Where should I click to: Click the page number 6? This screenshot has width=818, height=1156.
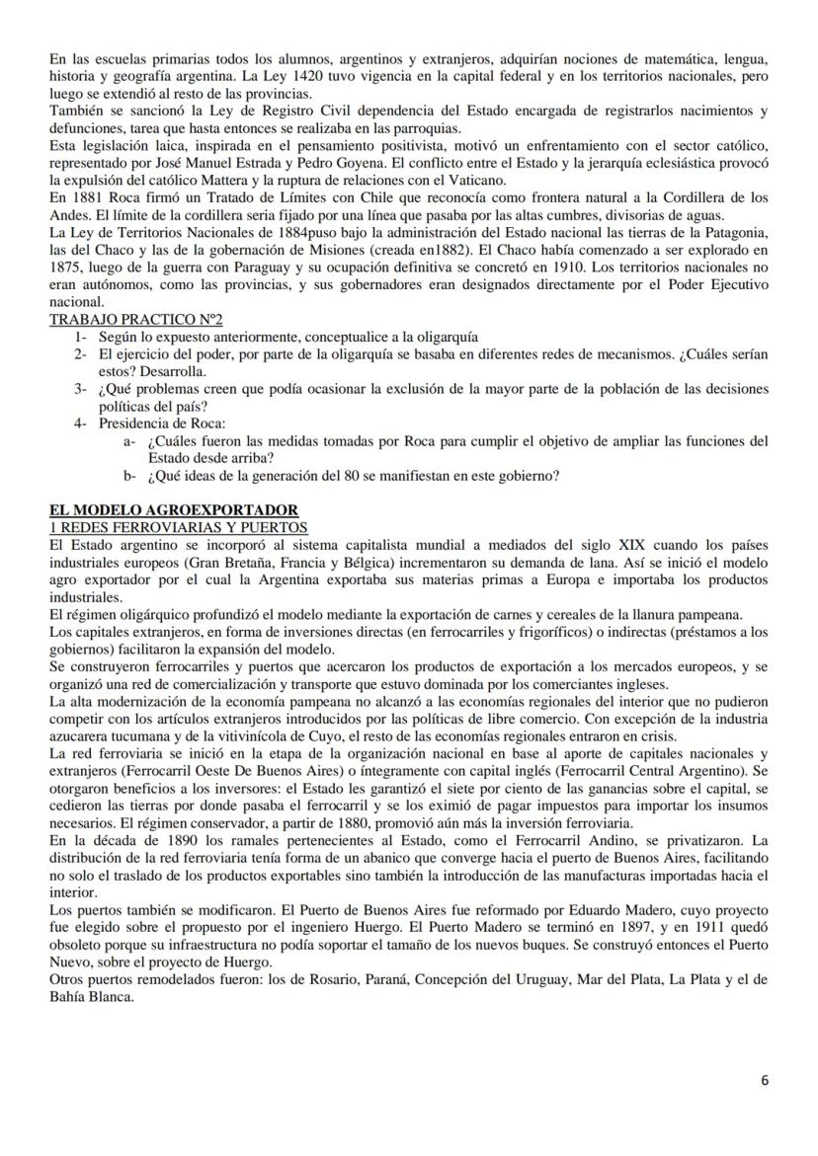[764, 1080]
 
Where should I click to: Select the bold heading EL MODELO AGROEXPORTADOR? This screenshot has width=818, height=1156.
[152, 510]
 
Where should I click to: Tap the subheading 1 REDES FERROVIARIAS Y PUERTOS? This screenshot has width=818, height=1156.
[178, 527]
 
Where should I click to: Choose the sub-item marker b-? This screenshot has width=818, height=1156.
[130, 475]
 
